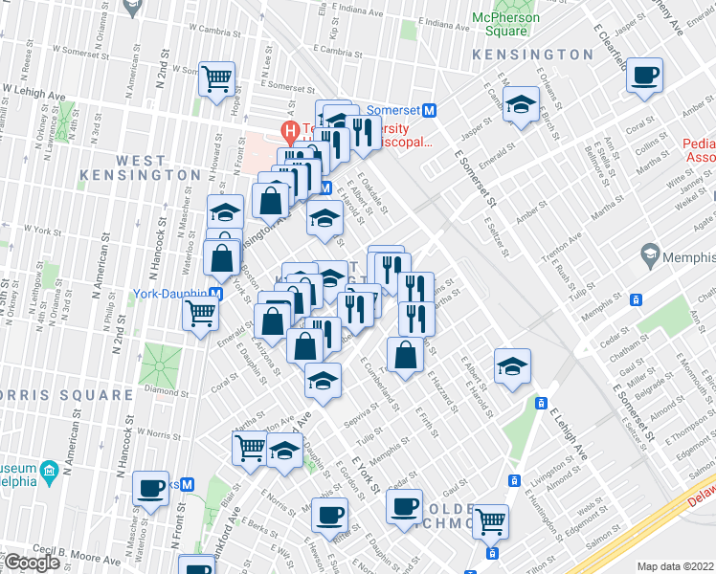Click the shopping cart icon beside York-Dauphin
200,311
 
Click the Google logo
33,563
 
